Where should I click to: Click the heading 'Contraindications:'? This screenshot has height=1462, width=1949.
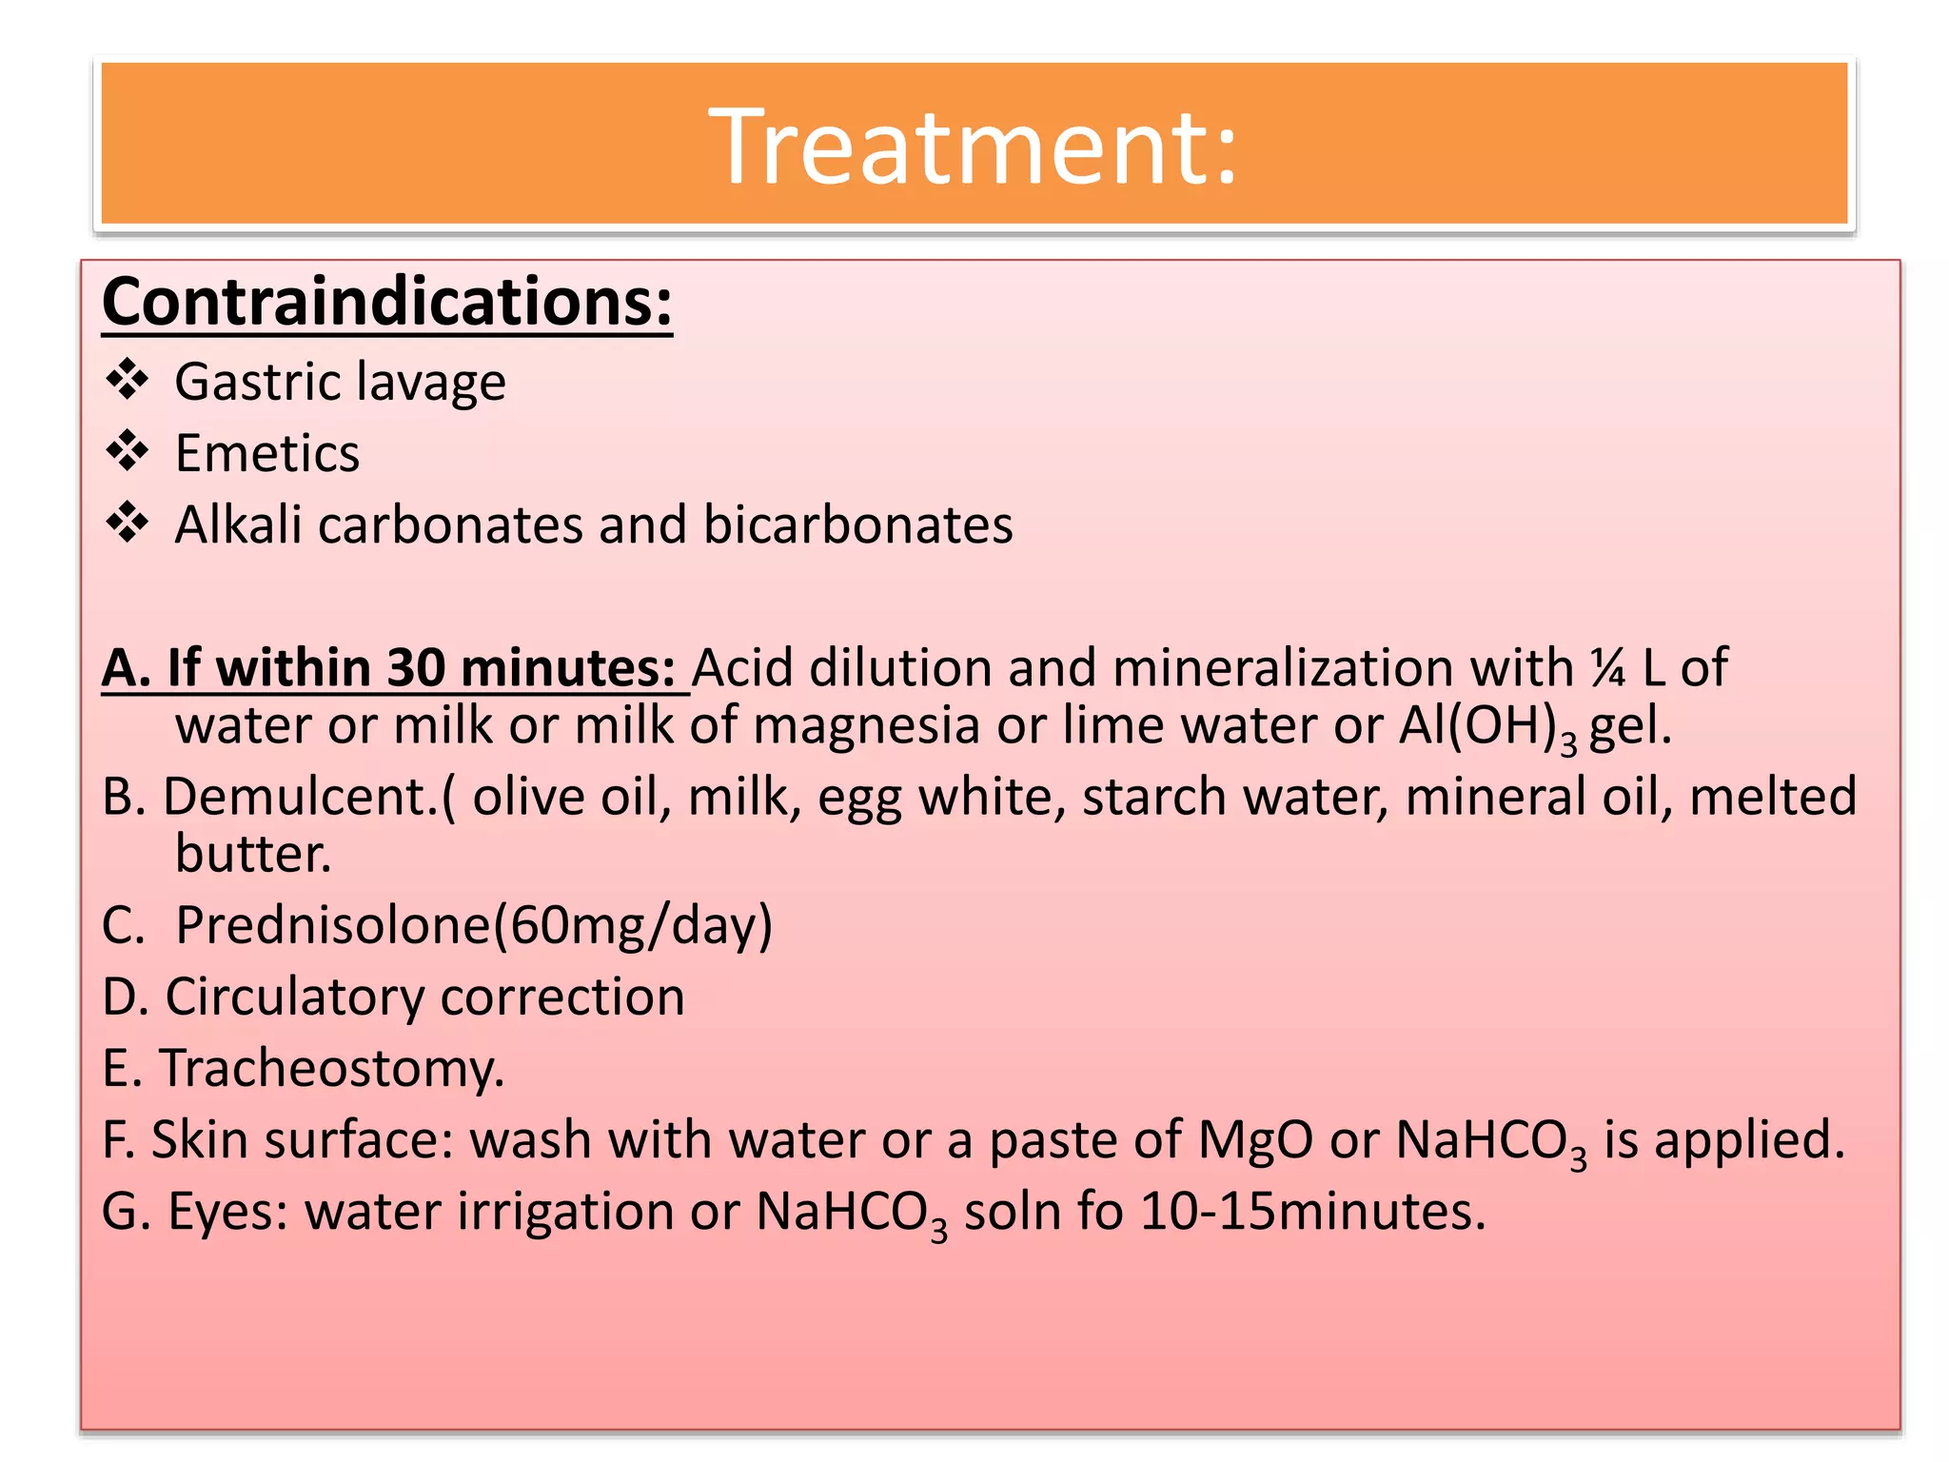[387, 302]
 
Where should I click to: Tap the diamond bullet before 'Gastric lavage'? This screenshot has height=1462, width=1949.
[127, 381]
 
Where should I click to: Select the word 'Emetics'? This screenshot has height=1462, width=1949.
[267, 453]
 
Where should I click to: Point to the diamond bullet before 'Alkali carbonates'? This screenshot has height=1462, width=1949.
[127, 524]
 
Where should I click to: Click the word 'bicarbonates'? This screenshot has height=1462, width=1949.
[857, 524]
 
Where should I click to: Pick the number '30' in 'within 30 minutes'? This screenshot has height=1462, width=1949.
[416, 667]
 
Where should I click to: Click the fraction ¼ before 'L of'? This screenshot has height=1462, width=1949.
[1607, 667]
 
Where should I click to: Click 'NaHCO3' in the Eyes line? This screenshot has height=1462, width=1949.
[851, 1213]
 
